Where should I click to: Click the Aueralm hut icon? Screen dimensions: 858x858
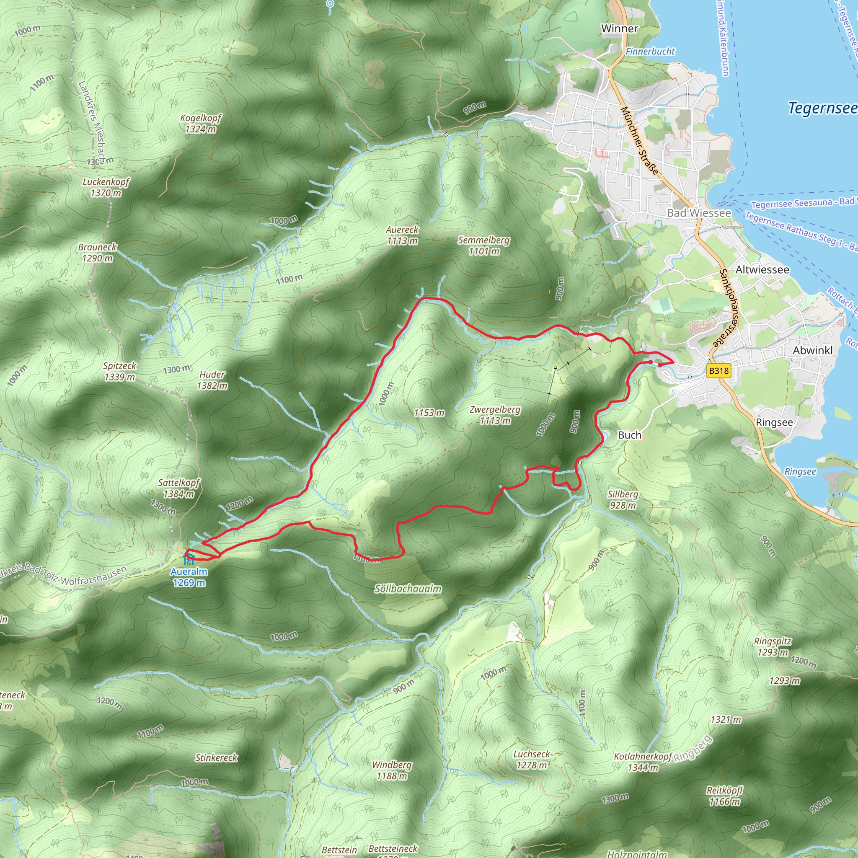189,560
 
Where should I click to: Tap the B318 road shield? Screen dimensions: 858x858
718,371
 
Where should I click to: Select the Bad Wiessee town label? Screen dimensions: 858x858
698,213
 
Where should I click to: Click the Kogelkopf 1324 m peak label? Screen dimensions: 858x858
200,124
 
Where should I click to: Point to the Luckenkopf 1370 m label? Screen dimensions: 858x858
106,187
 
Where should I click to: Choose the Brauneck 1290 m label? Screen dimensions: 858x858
97,252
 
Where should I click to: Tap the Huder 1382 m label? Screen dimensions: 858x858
212,380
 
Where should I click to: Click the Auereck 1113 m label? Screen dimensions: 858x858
402,235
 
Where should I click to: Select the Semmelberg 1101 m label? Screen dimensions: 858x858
483,246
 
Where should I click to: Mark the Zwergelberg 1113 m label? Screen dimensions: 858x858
495,415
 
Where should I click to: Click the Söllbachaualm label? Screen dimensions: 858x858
408,589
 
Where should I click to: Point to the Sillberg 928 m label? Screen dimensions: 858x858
623,500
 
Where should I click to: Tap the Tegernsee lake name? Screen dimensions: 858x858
822,108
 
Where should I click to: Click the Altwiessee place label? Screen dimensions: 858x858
762,269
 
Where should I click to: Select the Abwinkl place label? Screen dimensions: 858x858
813,350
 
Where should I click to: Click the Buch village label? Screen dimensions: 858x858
629,435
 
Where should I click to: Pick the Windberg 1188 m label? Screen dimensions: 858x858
391,770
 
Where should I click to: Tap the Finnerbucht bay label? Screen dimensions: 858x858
650,52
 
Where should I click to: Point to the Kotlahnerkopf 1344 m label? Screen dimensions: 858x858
643,762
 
